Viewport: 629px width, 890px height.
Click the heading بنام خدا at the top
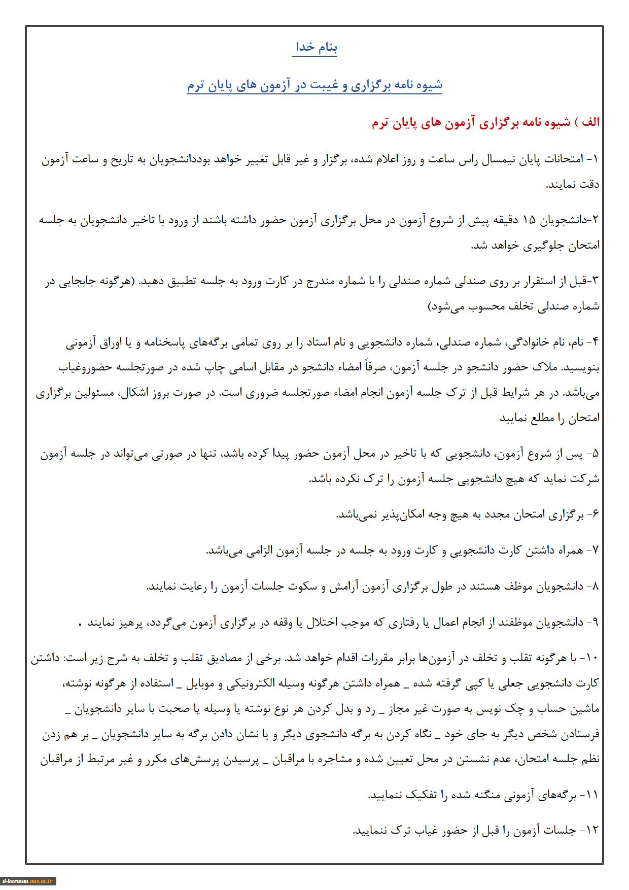tap(314, 48)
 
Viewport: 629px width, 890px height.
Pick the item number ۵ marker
tap(595, 454)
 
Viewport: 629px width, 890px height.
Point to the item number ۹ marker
tap(595, 622)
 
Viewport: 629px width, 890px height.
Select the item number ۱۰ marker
tap(592, 658)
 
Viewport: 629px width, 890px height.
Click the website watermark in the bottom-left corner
tap(28, 881)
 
